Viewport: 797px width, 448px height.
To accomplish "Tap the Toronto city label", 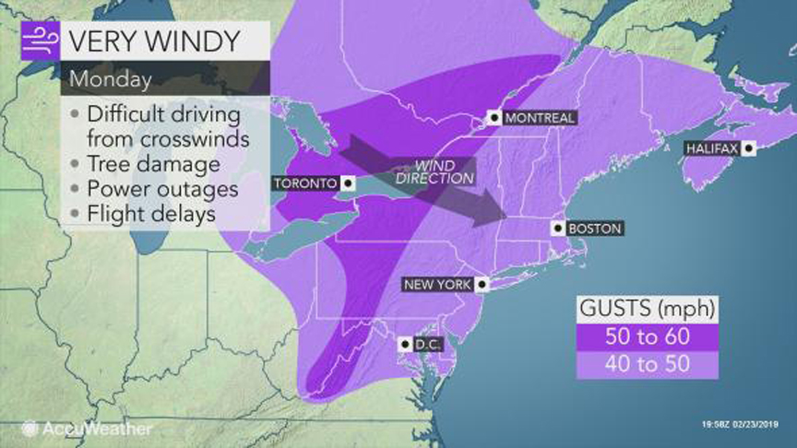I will (x=303, y=183).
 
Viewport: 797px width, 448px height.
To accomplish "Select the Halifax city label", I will (x=711, y=148).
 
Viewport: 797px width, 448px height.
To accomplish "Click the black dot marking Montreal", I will (x=494, y=118).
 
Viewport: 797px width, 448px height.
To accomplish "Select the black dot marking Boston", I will (x=557, y=228).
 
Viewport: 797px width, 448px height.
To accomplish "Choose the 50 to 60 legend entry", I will (x=647, y=336).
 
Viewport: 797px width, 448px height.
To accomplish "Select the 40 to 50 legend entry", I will (x=647, y=364).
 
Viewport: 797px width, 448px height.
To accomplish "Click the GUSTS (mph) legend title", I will (x=647, y=308).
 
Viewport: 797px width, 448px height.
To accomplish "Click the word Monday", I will (x=109, y=79).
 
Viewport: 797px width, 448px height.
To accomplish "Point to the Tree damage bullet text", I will (x=153, y=164).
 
